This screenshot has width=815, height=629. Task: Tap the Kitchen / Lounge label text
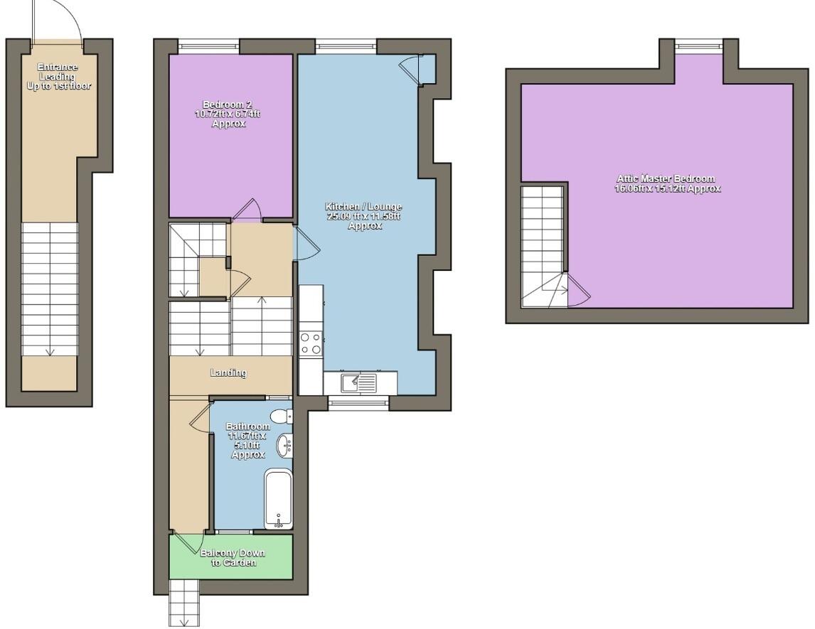click(364, 216)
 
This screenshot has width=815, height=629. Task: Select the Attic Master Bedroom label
click(667, 183)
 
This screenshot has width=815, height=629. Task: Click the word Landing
click(228, 372)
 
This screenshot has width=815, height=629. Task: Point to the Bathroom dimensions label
click(247, 441)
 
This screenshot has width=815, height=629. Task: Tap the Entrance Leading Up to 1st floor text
click(58, 77)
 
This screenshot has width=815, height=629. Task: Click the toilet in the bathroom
click(280, 415)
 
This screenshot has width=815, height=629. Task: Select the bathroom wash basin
click(284, 446)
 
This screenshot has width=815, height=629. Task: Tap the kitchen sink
click(359, 383)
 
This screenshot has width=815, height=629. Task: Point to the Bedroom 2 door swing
click(248, 209)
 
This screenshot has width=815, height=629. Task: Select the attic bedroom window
click(699, 47)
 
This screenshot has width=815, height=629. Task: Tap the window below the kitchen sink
click(358, 403)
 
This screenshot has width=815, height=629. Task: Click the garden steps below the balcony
click(184, 603)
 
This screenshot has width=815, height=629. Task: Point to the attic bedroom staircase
click(543, 245)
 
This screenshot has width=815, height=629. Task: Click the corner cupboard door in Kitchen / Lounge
click(410, 69)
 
